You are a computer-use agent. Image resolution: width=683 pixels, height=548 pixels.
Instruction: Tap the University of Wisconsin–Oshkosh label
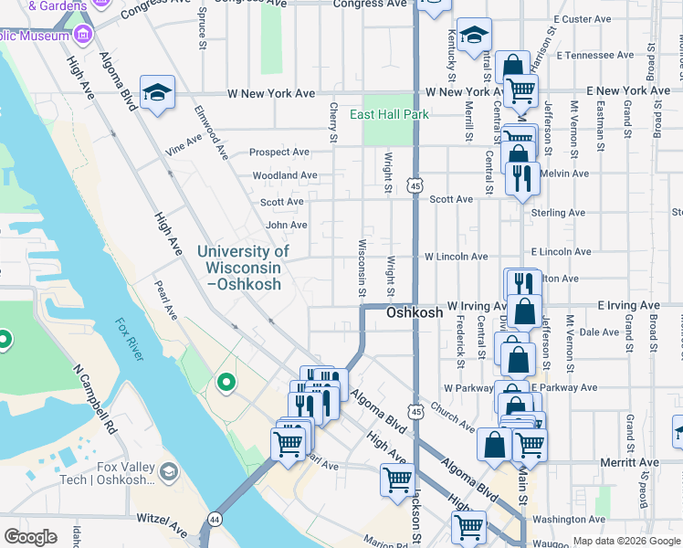click(243, 268)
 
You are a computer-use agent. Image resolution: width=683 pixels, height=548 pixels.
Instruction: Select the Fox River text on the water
click(129, 339)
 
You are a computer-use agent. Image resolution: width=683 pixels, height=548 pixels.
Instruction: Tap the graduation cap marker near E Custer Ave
click(474, 36)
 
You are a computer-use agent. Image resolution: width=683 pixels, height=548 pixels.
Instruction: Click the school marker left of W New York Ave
click(157, 92)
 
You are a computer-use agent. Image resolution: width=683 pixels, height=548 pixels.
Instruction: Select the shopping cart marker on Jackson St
click(397, 478)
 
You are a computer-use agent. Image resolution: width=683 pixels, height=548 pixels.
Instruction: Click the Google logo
click(31, 537)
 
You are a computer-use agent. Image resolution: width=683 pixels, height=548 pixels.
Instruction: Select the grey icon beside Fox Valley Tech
click(167, 471)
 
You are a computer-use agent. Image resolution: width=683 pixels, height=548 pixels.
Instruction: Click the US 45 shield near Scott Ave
click(415, 185)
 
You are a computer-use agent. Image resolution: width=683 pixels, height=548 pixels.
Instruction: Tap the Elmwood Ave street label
click(210, 133)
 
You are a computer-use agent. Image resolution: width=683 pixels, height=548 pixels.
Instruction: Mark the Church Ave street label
click(453, 417)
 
